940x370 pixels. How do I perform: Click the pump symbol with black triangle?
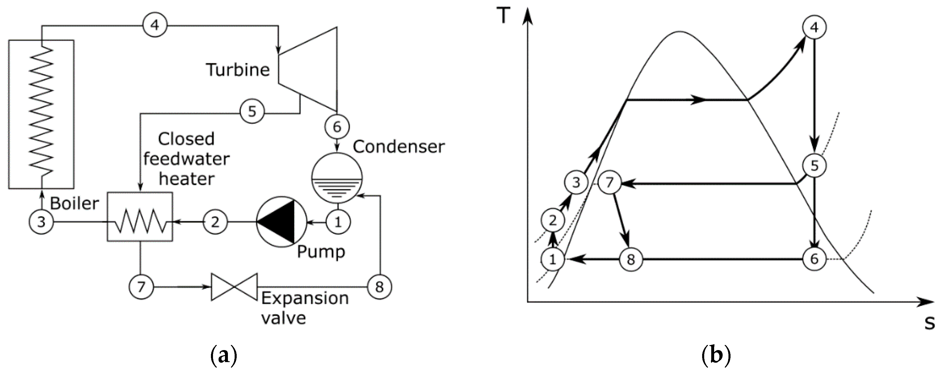tap(281, 222)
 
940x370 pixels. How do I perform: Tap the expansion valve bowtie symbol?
tap(234, 287)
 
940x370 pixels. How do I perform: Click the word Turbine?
tap(238, 69)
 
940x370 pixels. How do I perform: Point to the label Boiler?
tap(74, 203)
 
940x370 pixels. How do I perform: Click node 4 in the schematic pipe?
tap(155, 25)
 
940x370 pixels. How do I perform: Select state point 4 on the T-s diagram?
tap(814, 28)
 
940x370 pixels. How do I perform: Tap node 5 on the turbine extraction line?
tap(252, 111)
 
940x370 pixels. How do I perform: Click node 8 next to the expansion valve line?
tap(379, 287)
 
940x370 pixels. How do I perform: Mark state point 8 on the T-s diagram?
tap(630, 260)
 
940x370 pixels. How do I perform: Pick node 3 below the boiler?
tap(41, 222)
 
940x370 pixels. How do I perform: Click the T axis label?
tap(504, 16)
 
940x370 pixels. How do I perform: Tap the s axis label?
tap(929, 323)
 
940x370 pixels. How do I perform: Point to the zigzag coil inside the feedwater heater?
tap(140, 221)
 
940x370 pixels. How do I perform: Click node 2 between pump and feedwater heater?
tap(215, 222)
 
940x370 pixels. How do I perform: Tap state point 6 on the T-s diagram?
tap(814, 259)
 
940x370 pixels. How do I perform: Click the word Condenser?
tap(398, 146)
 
